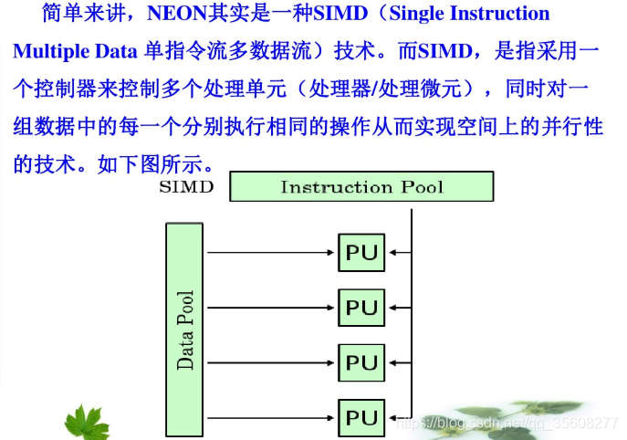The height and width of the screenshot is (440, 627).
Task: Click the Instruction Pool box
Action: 361,187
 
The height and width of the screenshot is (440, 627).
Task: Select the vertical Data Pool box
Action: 185,330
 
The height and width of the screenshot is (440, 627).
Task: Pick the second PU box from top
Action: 361,308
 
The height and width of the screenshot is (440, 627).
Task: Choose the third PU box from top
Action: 361,362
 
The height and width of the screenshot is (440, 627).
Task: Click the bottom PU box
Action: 361,417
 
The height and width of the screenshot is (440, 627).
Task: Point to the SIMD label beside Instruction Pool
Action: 186,188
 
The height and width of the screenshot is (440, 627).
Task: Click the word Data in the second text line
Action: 107,51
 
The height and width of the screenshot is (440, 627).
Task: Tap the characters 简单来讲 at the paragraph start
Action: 74,15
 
